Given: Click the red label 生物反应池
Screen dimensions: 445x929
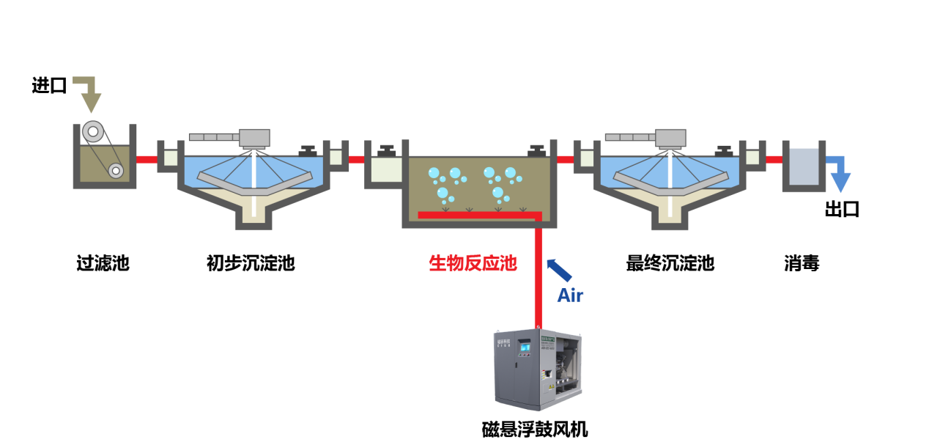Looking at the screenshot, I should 473,263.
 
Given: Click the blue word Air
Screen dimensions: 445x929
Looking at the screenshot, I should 570,295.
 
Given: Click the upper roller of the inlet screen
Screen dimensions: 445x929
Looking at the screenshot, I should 92,131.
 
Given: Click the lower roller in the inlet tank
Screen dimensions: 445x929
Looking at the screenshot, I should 116,171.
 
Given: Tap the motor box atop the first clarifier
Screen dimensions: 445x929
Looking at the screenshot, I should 254,138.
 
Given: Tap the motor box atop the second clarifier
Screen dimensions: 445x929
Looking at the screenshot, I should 670,138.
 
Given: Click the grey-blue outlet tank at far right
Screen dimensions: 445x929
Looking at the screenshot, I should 804,166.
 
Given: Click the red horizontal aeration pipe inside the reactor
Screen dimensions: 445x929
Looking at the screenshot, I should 476,215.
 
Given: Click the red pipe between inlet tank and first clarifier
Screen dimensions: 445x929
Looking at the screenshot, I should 147,159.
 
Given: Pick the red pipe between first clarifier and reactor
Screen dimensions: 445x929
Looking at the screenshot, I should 357,159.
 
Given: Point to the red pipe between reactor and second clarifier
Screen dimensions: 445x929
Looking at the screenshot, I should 565,159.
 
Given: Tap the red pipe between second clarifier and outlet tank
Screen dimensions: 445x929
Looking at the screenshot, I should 774,159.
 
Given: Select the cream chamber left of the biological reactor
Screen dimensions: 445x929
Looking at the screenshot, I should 387,169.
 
